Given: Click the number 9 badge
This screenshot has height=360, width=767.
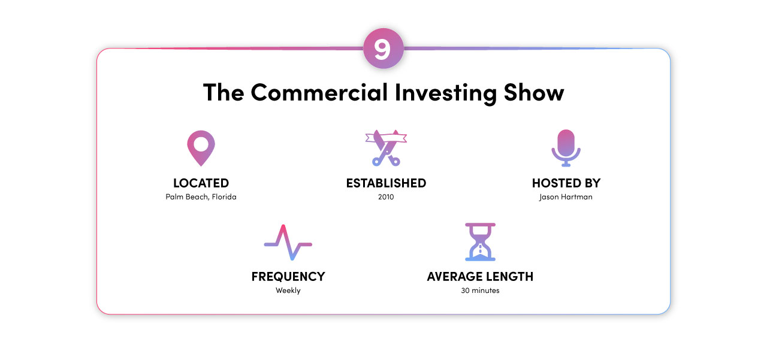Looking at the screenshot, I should click(383, 49).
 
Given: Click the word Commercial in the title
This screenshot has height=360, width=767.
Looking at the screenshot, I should click(319, 93).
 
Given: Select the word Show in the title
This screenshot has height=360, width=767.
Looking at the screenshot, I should click(534, 93).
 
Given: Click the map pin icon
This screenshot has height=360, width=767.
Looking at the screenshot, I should click(201, 147).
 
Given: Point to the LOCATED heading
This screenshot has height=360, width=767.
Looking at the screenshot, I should click(201, 183).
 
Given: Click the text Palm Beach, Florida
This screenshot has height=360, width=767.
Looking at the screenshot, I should click(201, 197).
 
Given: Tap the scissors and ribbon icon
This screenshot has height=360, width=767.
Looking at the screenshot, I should click(386, 147).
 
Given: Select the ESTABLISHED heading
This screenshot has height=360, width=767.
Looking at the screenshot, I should click(386, 183).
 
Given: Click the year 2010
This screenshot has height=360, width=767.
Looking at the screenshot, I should click(386, 197).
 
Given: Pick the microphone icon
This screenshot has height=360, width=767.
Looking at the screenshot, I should click(566, 147).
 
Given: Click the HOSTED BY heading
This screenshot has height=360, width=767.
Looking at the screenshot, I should click(566, 183).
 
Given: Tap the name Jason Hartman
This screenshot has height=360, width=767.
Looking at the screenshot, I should click(566, 197).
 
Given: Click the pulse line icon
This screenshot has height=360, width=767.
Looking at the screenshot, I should click(288, 243).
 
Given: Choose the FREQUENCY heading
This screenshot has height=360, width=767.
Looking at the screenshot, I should click(288, 277).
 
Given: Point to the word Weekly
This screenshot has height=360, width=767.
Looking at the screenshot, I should click(288, 291).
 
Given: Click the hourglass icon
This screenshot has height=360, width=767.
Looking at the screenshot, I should click(480, 242).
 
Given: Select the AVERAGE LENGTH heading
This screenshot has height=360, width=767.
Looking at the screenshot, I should click(480, 277).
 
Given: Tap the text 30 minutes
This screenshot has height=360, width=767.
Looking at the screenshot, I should click(480, 291).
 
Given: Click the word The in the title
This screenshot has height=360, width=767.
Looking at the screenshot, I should click(224, 93).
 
